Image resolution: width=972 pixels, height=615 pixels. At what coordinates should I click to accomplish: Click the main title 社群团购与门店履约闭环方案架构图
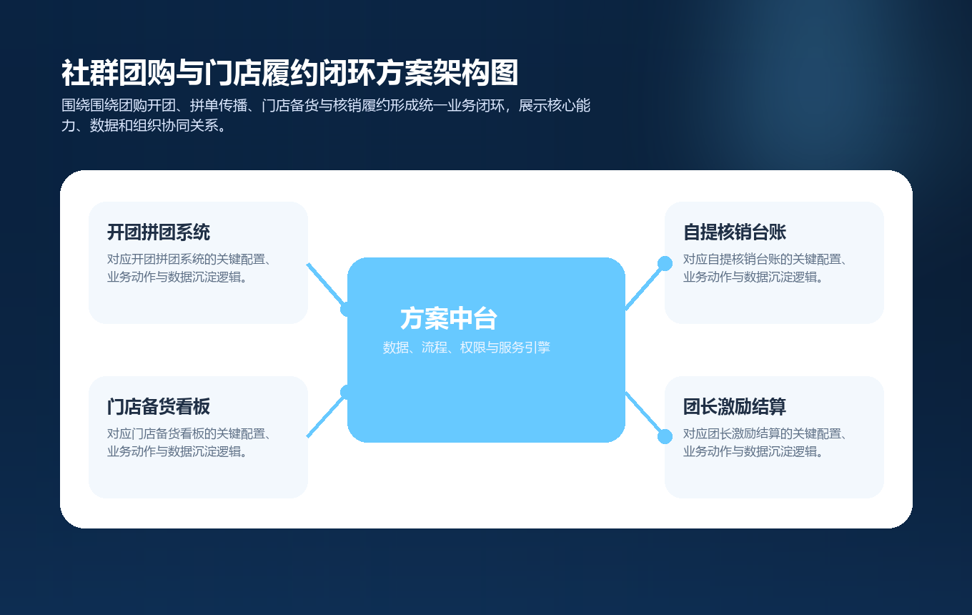click(289, 74)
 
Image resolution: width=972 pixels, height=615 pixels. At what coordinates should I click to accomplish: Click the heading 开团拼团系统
click(159, 232)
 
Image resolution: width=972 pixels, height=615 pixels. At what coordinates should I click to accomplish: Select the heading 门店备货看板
click(159, 407)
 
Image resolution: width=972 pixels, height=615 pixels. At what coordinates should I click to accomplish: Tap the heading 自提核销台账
click(735, 232)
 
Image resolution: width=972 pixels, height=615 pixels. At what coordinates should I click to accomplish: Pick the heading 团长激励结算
click(735, 407)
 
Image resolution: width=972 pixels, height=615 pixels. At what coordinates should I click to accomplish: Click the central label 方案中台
click(449, 319)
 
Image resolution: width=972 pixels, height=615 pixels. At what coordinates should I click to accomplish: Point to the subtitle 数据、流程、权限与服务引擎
click(466, 348)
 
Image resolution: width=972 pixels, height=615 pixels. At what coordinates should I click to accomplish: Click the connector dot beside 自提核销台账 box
click(665, 263)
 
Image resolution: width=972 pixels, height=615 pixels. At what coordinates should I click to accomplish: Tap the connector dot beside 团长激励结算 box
click(665, 436)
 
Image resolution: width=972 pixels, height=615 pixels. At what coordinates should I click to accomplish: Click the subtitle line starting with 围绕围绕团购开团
click(326, 106)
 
